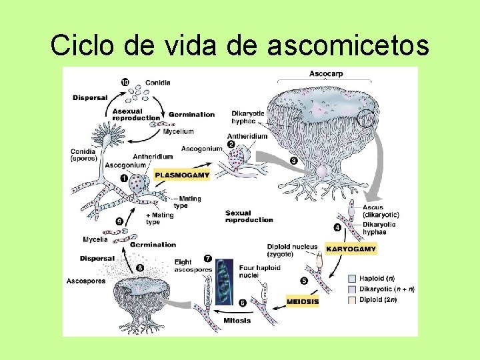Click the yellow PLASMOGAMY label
pos(182,176)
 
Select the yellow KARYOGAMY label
pos(351,249)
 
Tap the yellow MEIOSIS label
pos(303,301)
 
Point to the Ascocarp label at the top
pos(327,74)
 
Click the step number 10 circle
pos(125,83)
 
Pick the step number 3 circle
pos(294,161)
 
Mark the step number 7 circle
pos(208,258)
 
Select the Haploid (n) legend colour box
pos(353,278)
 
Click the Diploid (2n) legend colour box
pos(353,300)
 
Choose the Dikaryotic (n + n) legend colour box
pos(353,289)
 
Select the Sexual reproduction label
pos(249,217)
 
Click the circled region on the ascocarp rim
pos(367,119)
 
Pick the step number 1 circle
pos(125,178)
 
